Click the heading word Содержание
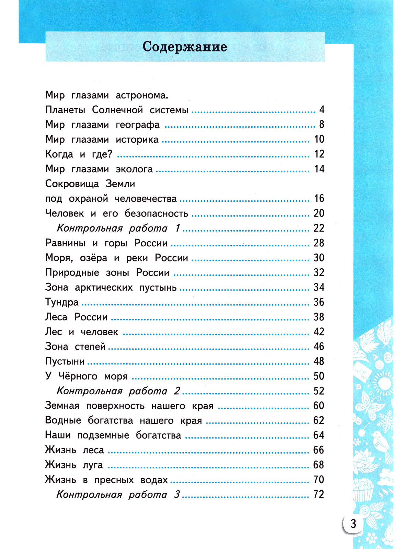point(185,47)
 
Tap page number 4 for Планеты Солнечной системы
point(321,110)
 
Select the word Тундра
point(62,302)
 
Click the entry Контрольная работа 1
point(118,228)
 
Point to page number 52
point(319,391)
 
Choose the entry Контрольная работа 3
point(118,494)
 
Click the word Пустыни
point(65,362)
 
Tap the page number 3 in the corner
point(353,524)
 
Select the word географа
point(138,125)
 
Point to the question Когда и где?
point(79,154)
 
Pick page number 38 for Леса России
point(319,317)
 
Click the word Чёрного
point(78,376)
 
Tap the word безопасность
point(156,213)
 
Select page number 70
point(319,480)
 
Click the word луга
point(93,465)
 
